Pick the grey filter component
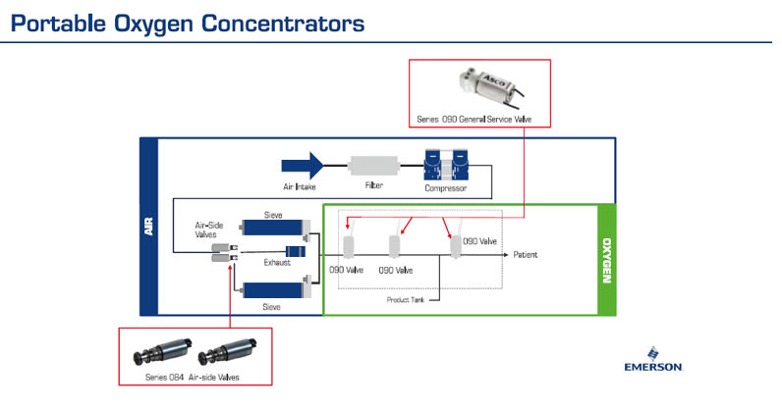[372, 165]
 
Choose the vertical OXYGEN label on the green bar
[606, 260]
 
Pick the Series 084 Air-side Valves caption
[193, 377]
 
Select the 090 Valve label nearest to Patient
[479, 240]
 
